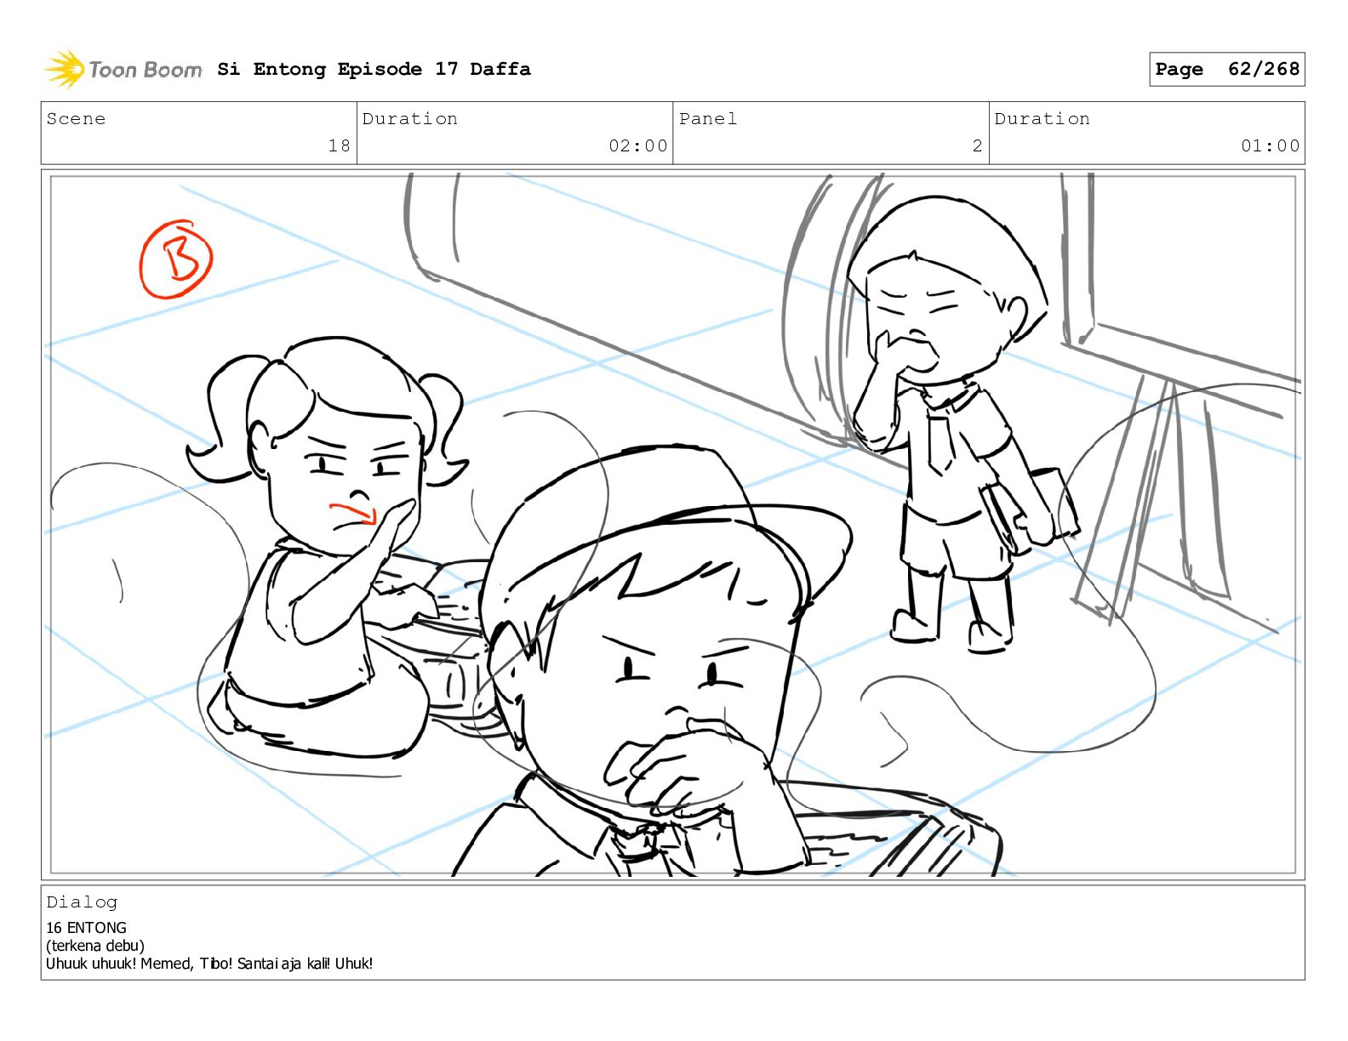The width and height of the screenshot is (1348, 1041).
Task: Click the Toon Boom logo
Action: pyautogui.click(x=123, y=69)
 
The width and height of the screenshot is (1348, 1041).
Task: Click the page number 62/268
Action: pyautogui.click(x=1263, y=69)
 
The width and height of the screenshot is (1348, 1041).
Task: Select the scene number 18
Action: pyautogui.click(x=339, y=145)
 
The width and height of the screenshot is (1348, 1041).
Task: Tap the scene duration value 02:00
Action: pyautogui.click(x=637, y=145)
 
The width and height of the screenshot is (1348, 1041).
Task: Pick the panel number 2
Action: pyautogui.click(x=977, y=145)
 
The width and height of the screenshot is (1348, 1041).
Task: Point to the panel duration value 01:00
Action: pyautogui.click(x=1270, y=145)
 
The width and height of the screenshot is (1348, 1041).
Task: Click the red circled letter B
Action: pyautogui.click(x=176, y=259)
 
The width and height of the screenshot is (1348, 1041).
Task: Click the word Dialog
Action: pyautogui.click(x=82, y=902)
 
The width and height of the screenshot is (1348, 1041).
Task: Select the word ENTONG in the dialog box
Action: pyautogui.click(x=97, y=928)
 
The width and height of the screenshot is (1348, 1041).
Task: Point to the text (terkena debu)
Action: pyautogui.click(x=95, y=946)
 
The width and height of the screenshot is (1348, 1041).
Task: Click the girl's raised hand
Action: pyautogui.click(x=390, y=527)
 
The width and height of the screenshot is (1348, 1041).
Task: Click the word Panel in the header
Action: pyautogui.click(x=708, y=118)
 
